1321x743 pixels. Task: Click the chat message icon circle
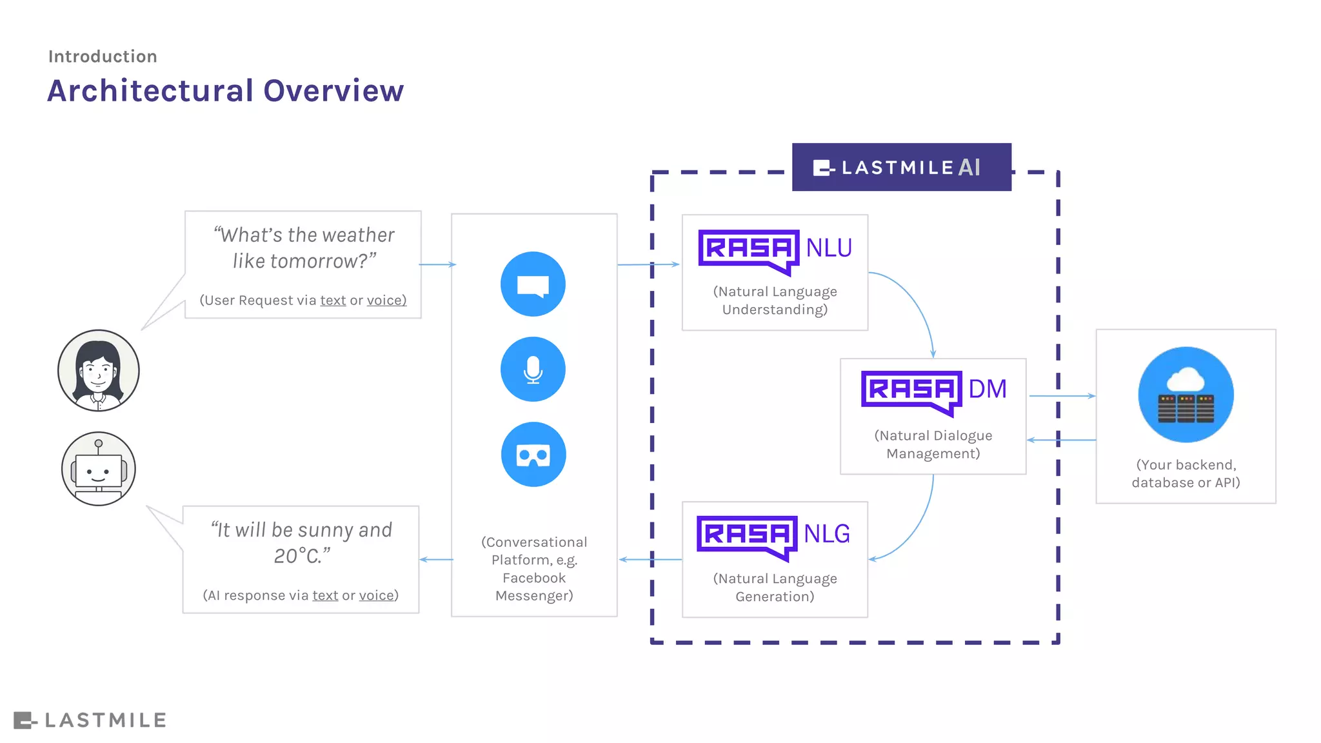pyautogui.click(x=533, y=284)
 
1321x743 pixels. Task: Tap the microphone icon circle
pyautogui.click(x=533, y=369)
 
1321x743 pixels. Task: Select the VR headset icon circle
pyautogui.click(x=533, y=454)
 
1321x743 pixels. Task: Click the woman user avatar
pyautogui.click(x=98, y=370)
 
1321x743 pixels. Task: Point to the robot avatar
pyautogui.click(x=98, y=469)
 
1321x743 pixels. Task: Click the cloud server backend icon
pyautogui.click(x=1186, y=395)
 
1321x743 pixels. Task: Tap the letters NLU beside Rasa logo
pyautogui.click(x=829, y=248)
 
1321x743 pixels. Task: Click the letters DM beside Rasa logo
pyautogui.click(x=988, y=389)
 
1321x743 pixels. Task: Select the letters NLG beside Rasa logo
pyautogui.click(x=827, y=534)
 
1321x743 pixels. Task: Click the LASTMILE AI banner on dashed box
pyautogui.click(x=901, y=168)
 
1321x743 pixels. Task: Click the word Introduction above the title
pyautogui.click(x=103, y=57)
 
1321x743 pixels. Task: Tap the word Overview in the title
pyautogui.click(x=333, y=91)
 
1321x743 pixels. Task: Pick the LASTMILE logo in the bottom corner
pyautogui.click(x=90, y=720)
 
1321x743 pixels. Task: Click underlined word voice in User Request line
pyautogui.click(x=386, y=301)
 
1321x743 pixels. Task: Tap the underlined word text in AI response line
pyautogui.click(x=325, y=595)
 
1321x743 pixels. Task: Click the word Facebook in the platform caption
pyautogui.click(x=534, y=578)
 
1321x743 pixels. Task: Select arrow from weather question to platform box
pyautogui.click(x=437, y=264)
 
